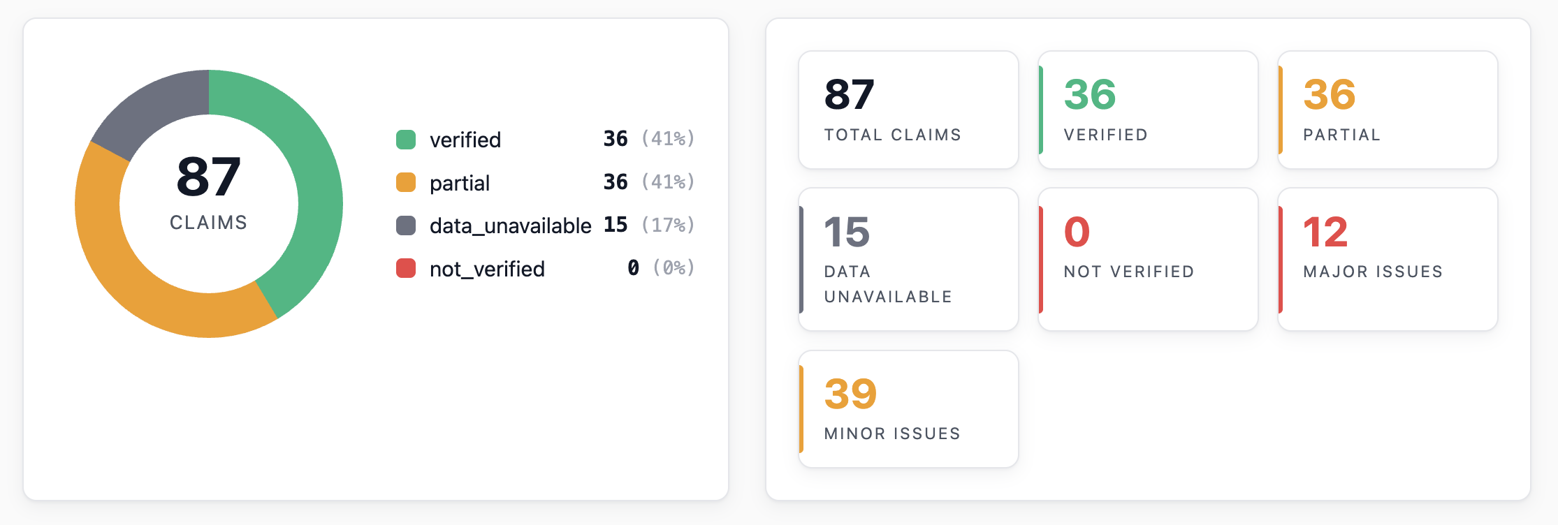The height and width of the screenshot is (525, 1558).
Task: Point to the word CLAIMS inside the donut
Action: click(x=209, y=223)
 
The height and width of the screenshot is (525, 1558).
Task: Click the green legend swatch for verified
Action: click(x=406, y=140)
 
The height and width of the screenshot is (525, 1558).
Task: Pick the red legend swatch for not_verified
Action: click(x=406, y=268)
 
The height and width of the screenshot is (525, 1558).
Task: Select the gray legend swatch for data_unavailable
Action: click(x=406, y=225)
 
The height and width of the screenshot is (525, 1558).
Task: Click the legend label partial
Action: click(x=460, y=184)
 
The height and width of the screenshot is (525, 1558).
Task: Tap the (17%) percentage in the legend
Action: click(x=668, y=225)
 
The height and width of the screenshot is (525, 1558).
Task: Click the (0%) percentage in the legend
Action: click(x=674, y=267)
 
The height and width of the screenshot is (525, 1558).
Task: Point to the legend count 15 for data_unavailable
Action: click(x=616, y=224)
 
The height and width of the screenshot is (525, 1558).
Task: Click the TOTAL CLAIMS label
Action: click(x=893, y=135)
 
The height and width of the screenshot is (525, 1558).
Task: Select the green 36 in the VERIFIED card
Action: click(x=1090, y=95)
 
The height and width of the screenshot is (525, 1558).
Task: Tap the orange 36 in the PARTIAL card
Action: click(x=1330, y=95)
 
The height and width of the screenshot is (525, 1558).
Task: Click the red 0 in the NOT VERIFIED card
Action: click(x=1077, y=232)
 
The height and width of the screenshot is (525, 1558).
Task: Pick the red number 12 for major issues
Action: click(x=1325, y=232)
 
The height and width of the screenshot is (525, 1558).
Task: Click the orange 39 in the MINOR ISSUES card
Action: click(x=850, y=394)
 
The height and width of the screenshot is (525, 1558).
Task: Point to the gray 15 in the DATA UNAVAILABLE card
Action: click(x=847, y=232)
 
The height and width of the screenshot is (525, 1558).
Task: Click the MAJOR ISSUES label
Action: click(x=1373, y=272)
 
